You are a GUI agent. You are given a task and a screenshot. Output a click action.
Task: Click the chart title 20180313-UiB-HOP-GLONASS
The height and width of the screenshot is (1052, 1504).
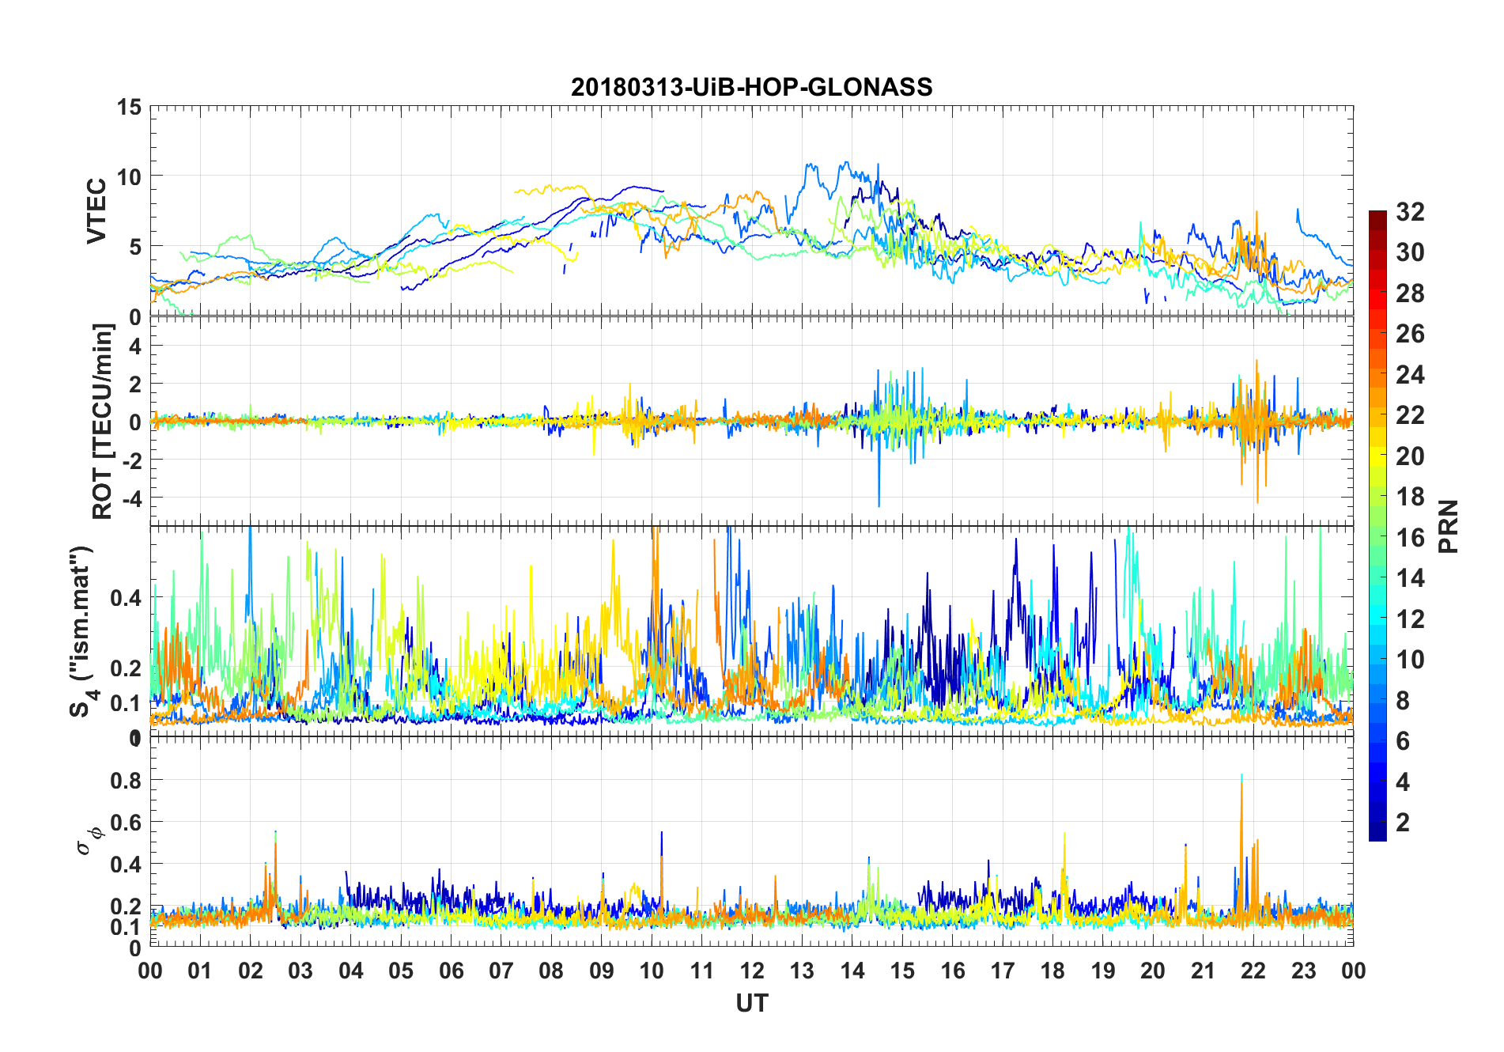751,87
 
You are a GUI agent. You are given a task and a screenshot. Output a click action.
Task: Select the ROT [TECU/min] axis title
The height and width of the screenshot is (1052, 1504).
102,421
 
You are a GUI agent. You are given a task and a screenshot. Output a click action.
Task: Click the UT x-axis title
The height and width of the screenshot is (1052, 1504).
751,1003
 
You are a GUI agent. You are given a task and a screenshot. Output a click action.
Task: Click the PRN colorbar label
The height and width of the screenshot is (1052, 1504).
1448,526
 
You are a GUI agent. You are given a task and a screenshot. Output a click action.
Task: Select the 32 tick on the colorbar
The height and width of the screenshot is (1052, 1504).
1410,212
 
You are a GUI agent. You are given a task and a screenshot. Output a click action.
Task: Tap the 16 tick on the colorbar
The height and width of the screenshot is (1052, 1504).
1410,538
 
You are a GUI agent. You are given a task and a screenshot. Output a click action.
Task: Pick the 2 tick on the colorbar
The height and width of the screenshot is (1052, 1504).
1403,823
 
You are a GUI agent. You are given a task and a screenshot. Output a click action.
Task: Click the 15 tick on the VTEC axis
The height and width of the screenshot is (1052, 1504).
129,107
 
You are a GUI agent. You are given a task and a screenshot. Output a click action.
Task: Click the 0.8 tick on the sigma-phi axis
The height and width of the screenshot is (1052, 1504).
126,781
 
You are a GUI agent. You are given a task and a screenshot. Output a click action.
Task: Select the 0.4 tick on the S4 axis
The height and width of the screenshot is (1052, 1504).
126,598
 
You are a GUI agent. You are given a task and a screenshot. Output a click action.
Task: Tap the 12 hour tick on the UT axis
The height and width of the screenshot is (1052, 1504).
752,971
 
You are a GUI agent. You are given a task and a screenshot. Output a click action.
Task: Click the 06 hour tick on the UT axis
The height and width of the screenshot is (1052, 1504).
451,971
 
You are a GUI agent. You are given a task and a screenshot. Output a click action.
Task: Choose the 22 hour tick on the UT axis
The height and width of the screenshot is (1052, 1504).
1253,971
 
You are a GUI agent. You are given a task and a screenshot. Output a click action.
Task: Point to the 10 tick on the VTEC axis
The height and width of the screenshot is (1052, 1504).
129,176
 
